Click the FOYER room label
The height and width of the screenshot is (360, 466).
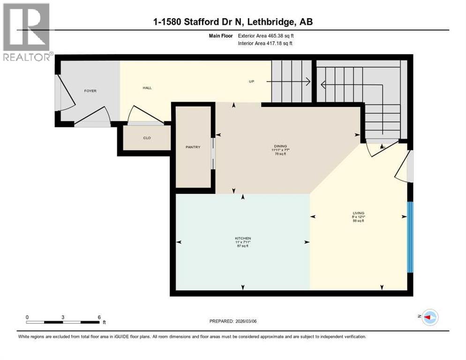tap(90, 90)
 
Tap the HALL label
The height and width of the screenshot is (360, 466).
tap(147, 88)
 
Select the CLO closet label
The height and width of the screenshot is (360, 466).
tap(146, 138)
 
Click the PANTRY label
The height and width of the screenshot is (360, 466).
tap(193, 147)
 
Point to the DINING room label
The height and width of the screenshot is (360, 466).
tap(280, 146)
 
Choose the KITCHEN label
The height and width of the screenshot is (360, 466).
tap(242, 238)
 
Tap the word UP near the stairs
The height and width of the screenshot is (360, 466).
tap(251, 82)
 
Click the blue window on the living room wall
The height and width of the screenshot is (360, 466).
tap(410, 237)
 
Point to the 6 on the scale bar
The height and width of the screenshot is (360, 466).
tap(99, 317)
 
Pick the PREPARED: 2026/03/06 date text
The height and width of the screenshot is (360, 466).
tap(233, 321)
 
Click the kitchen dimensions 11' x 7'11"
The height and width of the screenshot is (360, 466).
tap(242, 242)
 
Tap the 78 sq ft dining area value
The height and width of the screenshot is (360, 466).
tap(280, 153)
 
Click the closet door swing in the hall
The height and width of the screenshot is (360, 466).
tap(138, 115)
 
